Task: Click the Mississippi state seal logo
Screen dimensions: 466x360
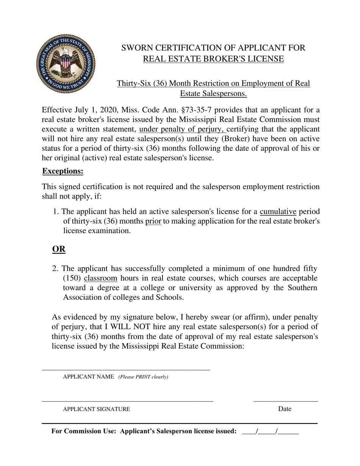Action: coord(66,64)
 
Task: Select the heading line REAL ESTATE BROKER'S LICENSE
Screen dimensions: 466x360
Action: coord(213,59)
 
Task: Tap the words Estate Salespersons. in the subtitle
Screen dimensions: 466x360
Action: coord(213,94)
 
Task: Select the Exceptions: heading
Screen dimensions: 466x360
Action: coord(63,171)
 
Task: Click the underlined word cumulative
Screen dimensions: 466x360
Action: coord(278,211)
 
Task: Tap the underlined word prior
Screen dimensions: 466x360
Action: coord(153,221)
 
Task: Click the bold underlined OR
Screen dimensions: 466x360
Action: coord(59,249)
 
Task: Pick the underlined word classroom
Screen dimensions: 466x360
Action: coord(100,278)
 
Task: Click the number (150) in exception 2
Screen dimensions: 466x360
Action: coord(72,278)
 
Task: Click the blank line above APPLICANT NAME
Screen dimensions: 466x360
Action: coord(125,369)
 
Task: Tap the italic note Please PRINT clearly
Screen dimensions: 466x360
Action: coord(143,377)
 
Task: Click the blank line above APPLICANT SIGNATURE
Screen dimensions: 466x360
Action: coord(127,400)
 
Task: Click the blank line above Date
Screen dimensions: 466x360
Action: coord(285,400)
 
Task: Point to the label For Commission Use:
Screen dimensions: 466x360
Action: coord(83,431)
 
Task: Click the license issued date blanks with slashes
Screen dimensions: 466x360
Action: coord(270,431)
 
